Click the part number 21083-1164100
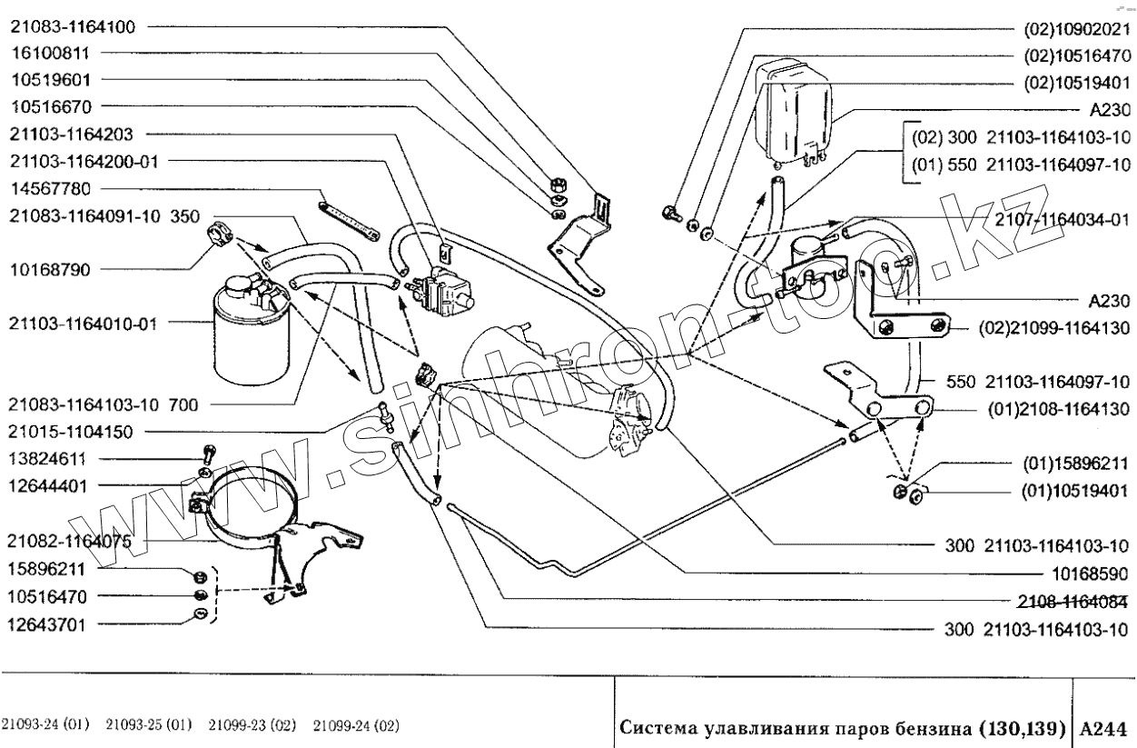point(72,26)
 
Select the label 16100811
point(51,53)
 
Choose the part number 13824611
point(50,459)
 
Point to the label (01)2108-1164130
point(1057,410)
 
